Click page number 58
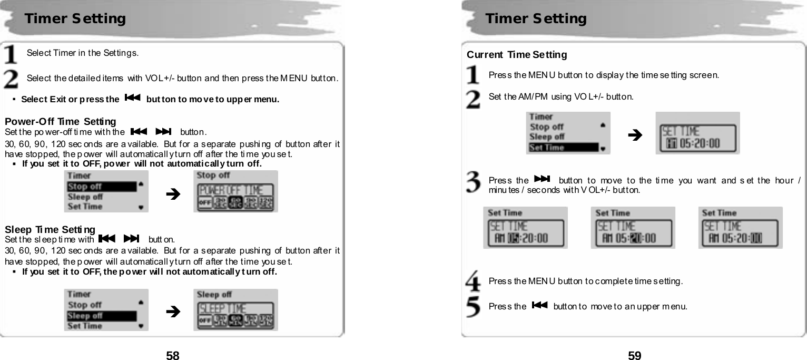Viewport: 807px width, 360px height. (x=173, y=355)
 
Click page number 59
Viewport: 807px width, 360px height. (x=634, y=355)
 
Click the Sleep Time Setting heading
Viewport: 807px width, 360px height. (x=50, y=230)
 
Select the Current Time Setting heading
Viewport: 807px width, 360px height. (x=517, y=55)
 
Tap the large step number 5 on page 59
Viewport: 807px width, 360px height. (x=474, y=307)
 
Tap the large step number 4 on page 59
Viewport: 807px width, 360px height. (x=474, y=280)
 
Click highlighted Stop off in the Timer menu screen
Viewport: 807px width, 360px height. (x=100, y=186)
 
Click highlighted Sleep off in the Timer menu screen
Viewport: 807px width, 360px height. (x=100, y=316)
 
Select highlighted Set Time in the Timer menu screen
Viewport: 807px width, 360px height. (x=563, y=148)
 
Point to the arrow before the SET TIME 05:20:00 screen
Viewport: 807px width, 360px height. (x=635, y=135)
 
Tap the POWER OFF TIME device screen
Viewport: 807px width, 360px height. (x=235, y=191)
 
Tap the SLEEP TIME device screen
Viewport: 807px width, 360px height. (x=235, y=310)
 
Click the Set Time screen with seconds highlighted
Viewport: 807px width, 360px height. (x=740, y=228)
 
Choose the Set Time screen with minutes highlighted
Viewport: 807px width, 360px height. (x=633, y=228)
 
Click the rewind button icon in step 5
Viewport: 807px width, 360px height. (x=540, y=305)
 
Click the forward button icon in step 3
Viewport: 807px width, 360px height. (x=541, y=179)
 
